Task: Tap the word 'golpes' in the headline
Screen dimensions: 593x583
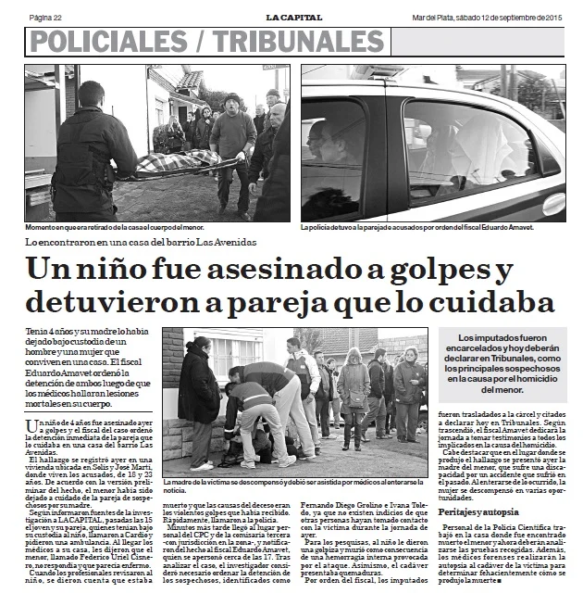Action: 443,271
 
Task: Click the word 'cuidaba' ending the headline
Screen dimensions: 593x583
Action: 488,303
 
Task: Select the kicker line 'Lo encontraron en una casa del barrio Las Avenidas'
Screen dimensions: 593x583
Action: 142,242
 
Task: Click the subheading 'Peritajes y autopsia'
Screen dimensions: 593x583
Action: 478,511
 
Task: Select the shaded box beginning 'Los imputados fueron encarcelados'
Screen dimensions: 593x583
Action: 504,364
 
